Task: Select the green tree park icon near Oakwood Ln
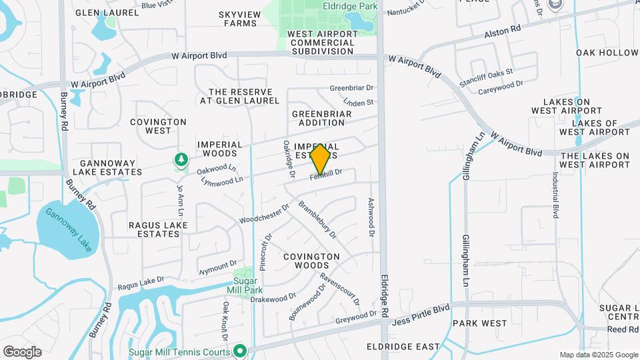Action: [180, 159]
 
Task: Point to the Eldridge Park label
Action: [350, 6]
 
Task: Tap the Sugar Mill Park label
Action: [247, 285]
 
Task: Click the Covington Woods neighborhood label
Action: [311, 261]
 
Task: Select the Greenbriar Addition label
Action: [321, 118]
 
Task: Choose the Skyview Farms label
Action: [238, 19]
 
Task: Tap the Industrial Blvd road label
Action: [555, 195]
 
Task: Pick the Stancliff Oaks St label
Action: [491, 72]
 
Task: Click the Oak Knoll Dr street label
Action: [226, 319]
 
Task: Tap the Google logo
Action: [22, 352]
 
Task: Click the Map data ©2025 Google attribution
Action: [598, 355]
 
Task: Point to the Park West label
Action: [479, 323]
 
